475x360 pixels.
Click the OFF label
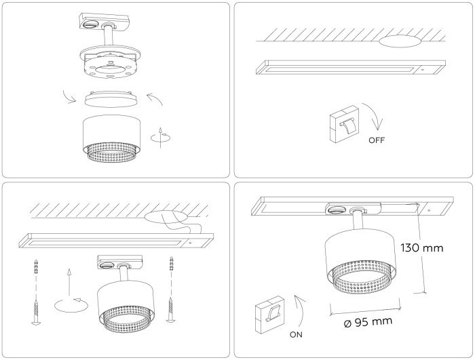pyautogui.click(x=377, y=140)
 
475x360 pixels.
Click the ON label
pyautogui.click(x=296, y=334)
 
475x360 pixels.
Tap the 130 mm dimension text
pyautogui.click(x=422, y=248)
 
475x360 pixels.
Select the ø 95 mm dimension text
pyautogui.click(x=368, y=322)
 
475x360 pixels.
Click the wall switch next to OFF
pyautogui.click(x=345, y=124)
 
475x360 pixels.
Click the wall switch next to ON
pyautogui.click(x=269, y=315)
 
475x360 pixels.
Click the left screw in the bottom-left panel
pyautogui.click(x=36, y=313)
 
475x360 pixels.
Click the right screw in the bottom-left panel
pyautogui.click(x=170, y=310)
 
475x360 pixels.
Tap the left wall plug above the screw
pyautogui.click(x=37, y=266)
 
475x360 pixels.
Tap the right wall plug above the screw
pyautogui.click(x=172, y=264)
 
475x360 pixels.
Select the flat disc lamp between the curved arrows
pyautogui.click(x=111, y=98)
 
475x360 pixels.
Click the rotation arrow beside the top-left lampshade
pyautogui.click(x=161, y=138)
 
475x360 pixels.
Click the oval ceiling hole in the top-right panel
pyautogui.click(x=400, y=42)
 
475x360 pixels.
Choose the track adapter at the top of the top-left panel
pyautogui.click(x=98, y=22)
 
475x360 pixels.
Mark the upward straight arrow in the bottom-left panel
pyautogui.click(x=70, y=281)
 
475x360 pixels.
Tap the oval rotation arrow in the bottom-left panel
pyautogui.click(x=71, y=305)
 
